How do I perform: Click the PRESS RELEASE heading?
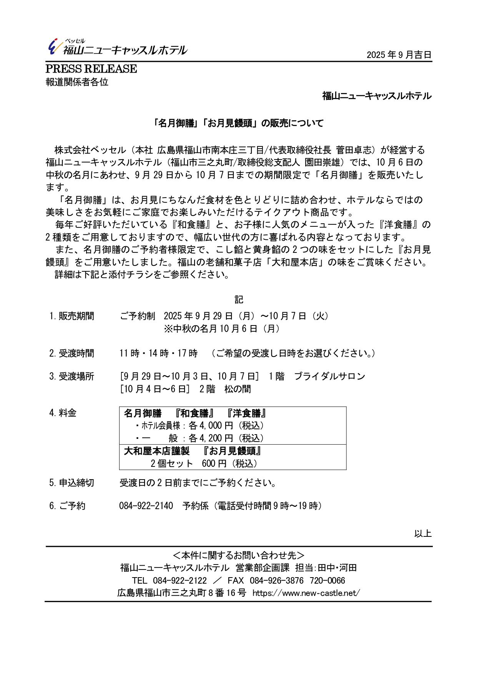pyautogui.click(x=91, y=69)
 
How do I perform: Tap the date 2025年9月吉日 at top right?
pyautogui.click(x=399, y=55)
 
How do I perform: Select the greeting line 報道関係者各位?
pyautogui.click(x=77, y=82)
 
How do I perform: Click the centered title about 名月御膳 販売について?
pyautogui.click(x=238, y=123)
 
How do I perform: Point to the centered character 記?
pyautogui.click(x=239, y=299)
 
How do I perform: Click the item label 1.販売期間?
pyautogui.click(x=72, y=316)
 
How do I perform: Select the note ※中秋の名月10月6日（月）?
pyautogui.click(x=222, y=329)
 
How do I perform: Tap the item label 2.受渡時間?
pyautogui.click(x=72, y=353)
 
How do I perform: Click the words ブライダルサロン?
pyautogui.click(x=329, y=377)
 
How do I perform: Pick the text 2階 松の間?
pyautogui.click(x=225, y=389)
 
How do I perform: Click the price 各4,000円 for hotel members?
pyautogui.click(x=211, y=426)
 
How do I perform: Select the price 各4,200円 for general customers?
pyautogui.click(x=211, y=438)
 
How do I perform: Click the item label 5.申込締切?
pyautogui.click(x=72, y=483)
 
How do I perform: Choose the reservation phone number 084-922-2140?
pyautogui.click(x=146, y=506)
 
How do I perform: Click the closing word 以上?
pyautogui.click(x=423, y=533)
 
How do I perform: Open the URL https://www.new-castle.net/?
pyautogui.click(x=306, y=593)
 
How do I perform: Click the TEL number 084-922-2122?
pyautogui.click(x=179, y=581)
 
